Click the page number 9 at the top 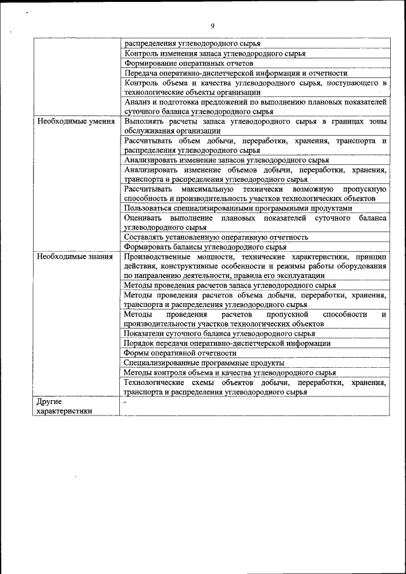(x=213, y=26)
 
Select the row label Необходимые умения (x=75, y=121)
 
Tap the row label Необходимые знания (x=75, y=257)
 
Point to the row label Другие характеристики (x=64, y=406)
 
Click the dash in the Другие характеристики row (x=126, y=401)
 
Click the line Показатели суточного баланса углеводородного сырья (x=219, y=334)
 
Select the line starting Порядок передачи (x=226, y=343)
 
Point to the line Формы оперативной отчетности (x=181, y=353)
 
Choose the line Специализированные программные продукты (x=204, y=363)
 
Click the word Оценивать (x=143, y=218)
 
